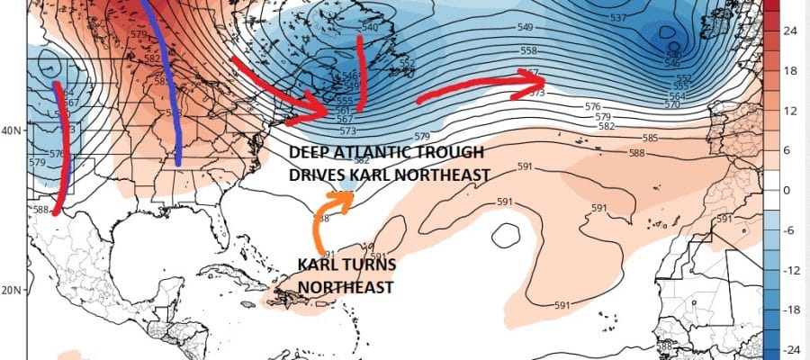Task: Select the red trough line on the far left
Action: (x=59, y=148)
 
